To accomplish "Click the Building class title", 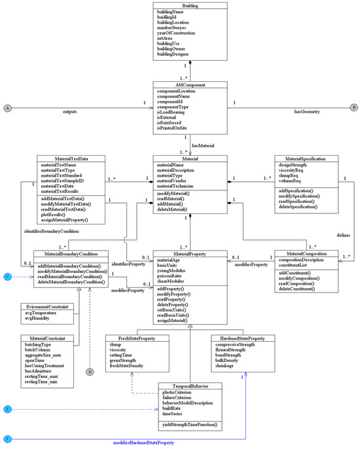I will tap(190, 5).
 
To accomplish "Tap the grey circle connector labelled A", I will tap(7, 107).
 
